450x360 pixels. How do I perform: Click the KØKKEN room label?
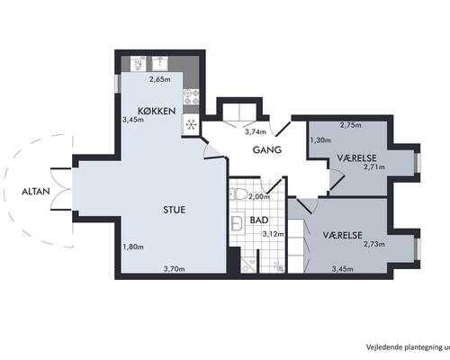(x=157, y=111)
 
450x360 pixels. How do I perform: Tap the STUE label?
(x=174, y=210)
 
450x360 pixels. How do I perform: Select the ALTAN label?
(x=36, y=192)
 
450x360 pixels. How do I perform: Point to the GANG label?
(x=267, y=149)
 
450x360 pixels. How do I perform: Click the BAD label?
(x=259, y=220)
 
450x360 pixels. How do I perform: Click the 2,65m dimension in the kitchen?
(x=160, y=79)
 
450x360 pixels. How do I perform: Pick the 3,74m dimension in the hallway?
(x=256, y=131)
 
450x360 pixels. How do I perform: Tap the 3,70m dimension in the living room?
(x=174, y=269)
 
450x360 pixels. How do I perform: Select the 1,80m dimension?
(x=133, y=247)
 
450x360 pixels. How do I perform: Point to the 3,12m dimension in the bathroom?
(x=274, y=234)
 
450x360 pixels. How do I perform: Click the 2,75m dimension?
(x=351, y=125)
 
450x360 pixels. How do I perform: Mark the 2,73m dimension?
(x=374, y=244)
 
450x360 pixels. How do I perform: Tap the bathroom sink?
(x=238, y=223)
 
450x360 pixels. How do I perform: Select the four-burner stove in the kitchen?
(x=192, y=96)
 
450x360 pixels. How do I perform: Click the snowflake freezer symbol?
(x=191, y=124)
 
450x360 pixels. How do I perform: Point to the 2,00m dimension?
(x=259, y=197)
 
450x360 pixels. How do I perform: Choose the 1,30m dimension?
(x=320, y=140)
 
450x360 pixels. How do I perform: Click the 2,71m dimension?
(x=374, y=167)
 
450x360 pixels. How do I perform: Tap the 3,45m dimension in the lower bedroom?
(x=342, y=269)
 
